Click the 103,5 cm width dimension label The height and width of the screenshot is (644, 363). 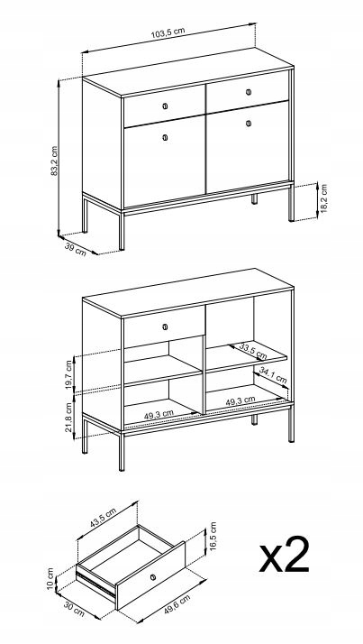[x=168, y=32]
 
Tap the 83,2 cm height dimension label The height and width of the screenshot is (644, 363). [x=54, y=161]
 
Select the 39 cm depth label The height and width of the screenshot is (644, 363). [x=76, y=249]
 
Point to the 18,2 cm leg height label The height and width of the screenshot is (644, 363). [x=323, y=198]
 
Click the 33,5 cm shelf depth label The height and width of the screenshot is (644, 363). [x=253, y=351]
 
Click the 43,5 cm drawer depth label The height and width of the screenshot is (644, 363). [x=103, y=519]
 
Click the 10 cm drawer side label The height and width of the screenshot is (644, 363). [x=50, y=578]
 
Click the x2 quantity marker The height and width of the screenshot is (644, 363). [x=285, y=554]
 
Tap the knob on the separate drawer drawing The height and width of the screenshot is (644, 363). [x=153, y=576]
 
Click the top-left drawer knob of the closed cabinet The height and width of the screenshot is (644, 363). [x=165, y=106]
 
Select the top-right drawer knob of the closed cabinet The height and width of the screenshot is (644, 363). [x=249, y=92]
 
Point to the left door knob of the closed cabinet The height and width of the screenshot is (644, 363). [x=165, y=138]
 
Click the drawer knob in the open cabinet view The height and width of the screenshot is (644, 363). [x=165, y=327]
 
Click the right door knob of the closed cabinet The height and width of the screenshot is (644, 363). [x=249, y=123]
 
